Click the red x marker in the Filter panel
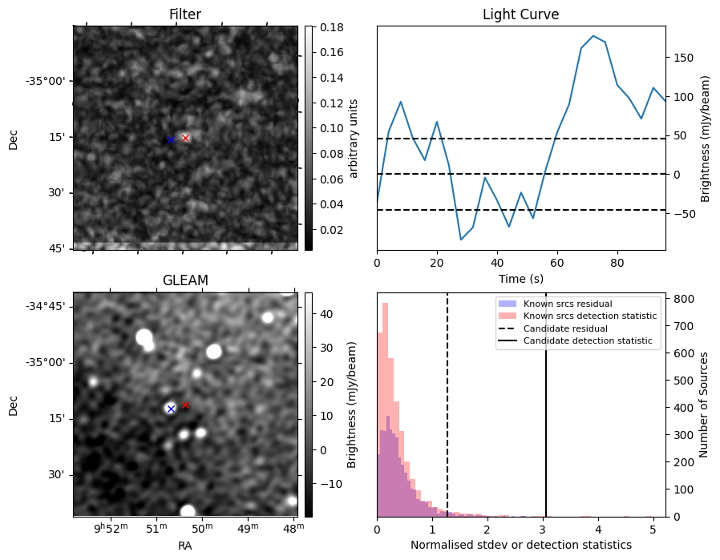tap(185, 138)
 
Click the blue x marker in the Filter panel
tap(171, 139)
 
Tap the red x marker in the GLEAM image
tap(185, 405)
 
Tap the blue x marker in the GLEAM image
tap(171, 409)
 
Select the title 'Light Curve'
tap(520, 14)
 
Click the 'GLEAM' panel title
tap(185, 280)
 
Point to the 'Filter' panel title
tap(185, 14)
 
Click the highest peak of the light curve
tap(593, 36)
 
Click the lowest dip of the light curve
tap(461, 240)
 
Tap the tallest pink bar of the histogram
tap(385, 409)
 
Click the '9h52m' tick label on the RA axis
tap(110, 527)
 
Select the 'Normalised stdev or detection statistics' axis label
tap(520, 545)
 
